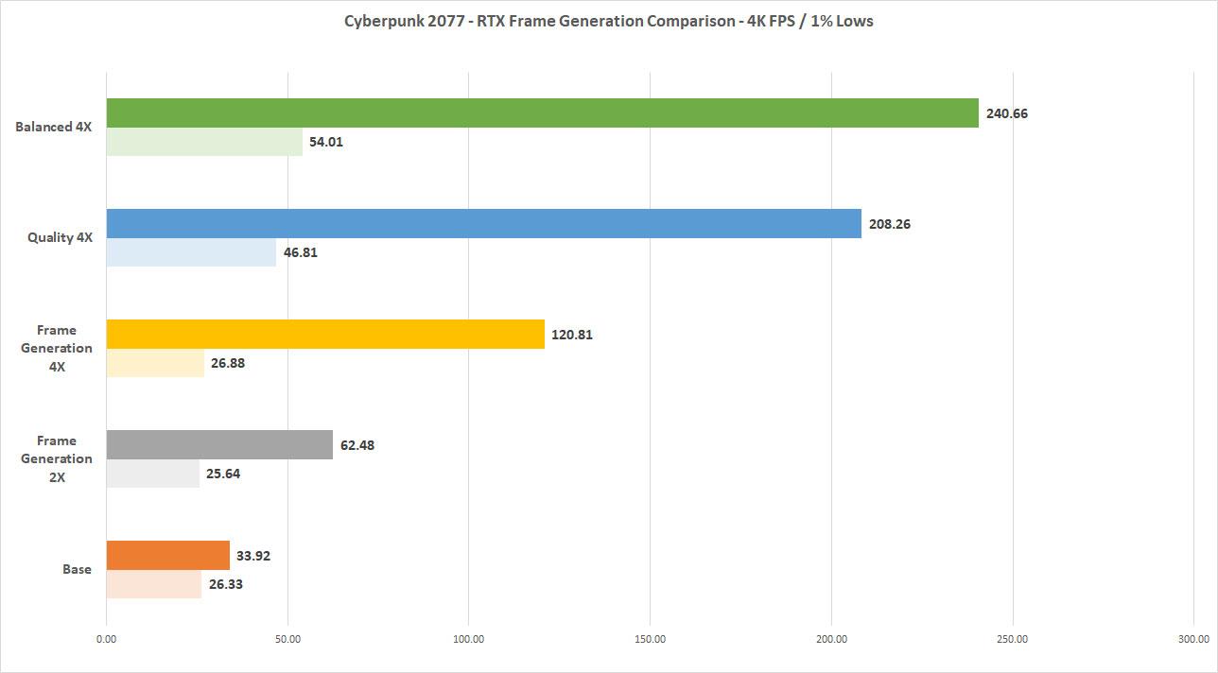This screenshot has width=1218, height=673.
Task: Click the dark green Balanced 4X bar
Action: click(542, 113)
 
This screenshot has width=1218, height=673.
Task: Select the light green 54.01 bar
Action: click(204, 143)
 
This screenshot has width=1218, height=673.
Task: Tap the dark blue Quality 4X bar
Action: click(483, 224)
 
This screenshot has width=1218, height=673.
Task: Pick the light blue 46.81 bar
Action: click(191, 252)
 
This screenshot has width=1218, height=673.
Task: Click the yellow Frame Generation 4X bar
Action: click(325, 335)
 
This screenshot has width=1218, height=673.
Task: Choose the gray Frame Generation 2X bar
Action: click(219, 445)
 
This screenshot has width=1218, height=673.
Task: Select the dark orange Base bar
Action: click(168, 555)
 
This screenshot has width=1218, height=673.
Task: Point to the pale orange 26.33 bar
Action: click(154, 584)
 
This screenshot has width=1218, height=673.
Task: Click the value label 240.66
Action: click(1007, 113)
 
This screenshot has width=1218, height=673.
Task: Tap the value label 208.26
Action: click(890, 224)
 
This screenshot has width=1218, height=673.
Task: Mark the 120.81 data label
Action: click(572, 335)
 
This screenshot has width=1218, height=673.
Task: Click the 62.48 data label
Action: click(357, 445)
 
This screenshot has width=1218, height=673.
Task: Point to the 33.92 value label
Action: click(253, 556)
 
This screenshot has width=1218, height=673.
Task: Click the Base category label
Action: click(78, 569)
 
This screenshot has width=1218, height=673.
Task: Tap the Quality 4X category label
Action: click(60, 238)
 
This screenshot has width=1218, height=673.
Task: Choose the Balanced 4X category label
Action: click(54, 128)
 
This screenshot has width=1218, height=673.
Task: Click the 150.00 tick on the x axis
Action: click(651, 639)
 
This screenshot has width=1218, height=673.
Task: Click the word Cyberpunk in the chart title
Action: click(379, 21)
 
